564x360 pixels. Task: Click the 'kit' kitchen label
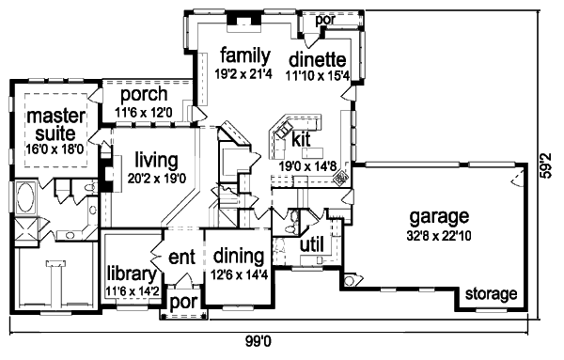click(301, 138)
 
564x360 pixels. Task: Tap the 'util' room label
click(310, 244)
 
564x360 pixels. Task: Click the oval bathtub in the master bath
click(24, 200)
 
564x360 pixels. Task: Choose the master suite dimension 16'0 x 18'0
click(55, 148)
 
